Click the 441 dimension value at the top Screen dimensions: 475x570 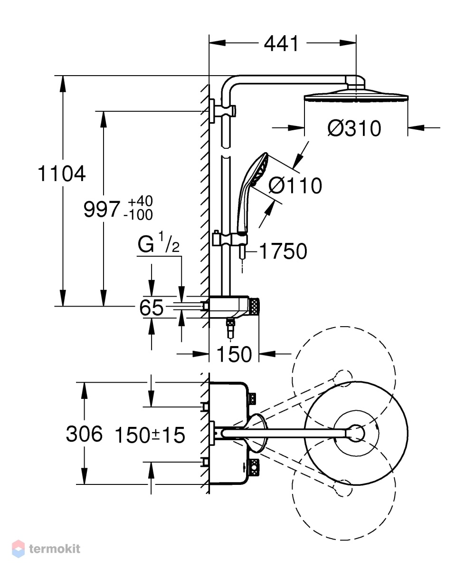[281, 44]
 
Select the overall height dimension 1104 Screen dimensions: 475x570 [62, 174]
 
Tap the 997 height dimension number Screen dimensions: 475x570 [101, 209]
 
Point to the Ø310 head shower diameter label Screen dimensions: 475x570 [354, 128]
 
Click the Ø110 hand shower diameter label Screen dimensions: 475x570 [295, 185]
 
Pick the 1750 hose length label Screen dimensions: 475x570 [283, 251]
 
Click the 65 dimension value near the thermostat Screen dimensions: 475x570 [152, 308]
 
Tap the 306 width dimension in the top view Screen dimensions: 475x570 [84, 434]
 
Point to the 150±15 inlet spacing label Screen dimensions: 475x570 [150, 435]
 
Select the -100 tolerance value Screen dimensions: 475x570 [138, 215]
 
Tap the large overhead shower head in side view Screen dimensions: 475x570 [356, 95]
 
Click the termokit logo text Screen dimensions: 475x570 [55, 549]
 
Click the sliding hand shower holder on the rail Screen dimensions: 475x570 [230, 239]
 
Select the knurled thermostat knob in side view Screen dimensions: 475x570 [254, 306]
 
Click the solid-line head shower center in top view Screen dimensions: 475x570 [356, 433]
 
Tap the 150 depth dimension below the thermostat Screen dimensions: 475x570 [234, 354]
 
